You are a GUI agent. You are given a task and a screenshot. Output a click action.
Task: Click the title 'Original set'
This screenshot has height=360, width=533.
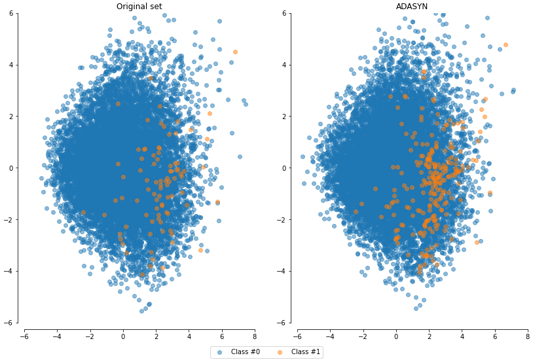coord(139,7)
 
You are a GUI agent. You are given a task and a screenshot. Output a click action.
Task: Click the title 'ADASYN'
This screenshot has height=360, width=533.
coord(412,7)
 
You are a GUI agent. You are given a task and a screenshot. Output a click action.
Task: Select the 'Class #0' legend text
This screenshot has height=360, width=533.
coord(246,352)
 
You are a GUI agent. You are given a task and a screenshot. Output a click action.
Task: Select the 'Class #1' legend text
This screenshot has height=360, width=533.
coord(306,352)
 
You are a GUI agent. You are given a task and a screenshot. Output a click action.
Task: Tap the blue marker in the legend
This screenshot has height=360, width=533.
coord(220,352)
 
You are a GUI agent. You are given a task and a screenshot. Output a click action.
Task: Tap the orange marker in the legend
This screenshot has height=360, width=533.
coord(280,352)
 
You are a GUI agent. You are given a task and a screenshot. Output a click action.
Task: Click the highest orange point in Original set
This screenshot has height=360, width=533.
coord(235,52)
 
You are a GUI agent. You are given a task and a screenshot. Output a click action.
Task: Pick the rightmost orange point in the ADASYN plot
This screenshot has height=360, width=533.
coord(505,45)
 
